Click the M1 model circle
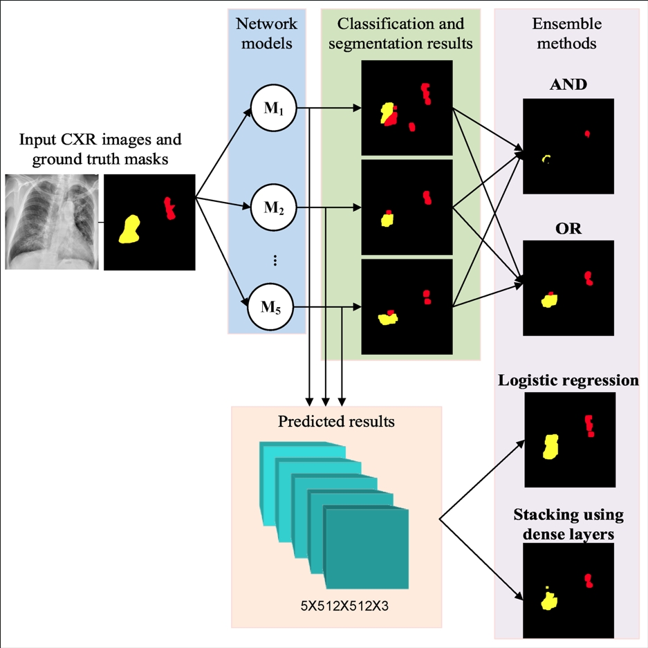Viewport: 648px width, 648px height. coord(274,109)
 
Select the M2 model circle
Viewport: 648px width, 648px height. coord(274,207)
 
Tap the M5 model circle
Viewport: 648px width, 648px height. coord(270,306)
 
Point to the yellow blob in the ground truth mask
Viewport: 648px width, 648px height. coord(129,229)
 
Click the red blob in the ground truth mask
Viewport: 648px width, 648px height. coord(169,207)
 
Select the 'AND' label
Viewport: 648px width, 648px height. coord(568,85)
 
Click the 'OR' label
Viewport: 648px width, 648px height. coord(568,228)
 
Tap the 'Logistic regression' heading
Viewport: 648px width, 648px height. coord(568,380)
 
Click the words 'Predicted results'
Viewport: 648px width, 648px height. coord(336,421)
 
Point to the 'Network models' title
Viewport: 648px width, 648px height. coord(267,33)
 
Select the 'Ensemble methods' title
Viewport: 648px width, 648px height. coord(567,33)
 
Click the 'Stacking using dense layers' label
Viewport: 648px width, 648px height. coord(568,524)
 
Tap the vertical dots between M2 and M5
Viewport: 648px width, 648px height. coord(275,260)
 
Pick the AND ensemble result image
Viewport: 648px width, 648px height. coord(568,146)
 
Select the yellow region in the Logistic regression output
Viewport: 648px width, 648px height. coord(551,447)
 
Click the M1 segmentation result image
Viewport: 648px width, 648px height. coord(407,107)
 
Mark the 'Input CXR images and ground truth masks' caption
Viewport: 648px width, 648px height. coord(100,149)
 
